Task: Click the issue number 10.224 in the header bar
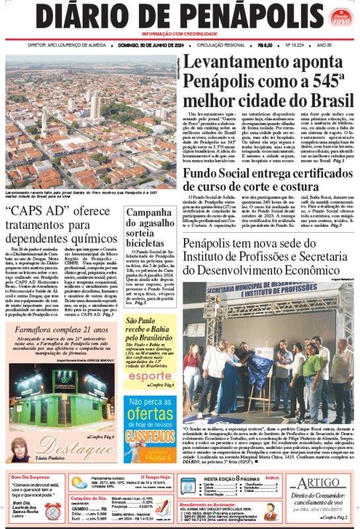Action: (x=293, y=45)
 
